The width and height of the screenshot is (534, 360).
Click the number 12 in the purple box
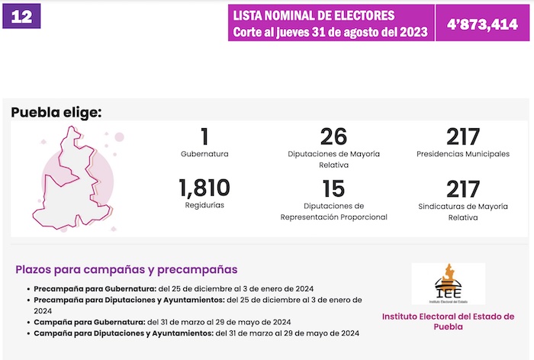point(22,17)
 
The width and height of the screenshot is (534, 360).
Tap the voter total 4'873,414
point(482,24)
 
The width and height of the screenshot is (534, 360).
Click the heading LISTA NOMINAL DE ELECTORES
point(314,15)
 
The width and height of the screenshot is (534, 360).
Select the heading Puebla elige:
point(56,113)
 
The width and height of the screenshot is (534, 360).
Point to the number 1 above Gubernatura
point(204,137)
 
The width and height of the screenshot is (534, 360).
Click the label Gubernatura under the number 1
point(204,153)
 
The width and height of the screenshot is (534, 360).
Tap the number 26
point(333,137)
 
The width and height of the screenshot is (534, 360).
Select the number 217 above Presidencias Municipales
point(463,137)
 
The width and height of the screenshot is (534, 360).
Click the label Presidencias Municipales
point(463,153)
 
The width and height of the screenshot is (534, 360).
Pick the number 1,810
point(204,188)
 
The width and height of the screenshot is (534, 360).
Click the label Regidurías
point(204,205)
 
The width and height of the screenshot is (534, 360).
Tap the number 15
point(333,188)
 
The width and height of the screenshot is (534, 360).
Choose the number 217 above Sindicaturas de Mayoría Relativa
point(463,188)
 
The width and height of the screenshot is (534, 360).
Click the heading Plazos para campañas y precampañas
point(126,269)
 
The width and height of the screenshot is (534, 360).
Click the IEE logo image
point(447,284)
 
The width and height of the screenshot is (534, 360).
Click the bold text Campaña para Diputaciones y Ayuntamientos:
point(123,333)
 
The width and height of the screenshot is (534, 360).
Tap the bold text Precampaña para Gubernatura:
point(95,289)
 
